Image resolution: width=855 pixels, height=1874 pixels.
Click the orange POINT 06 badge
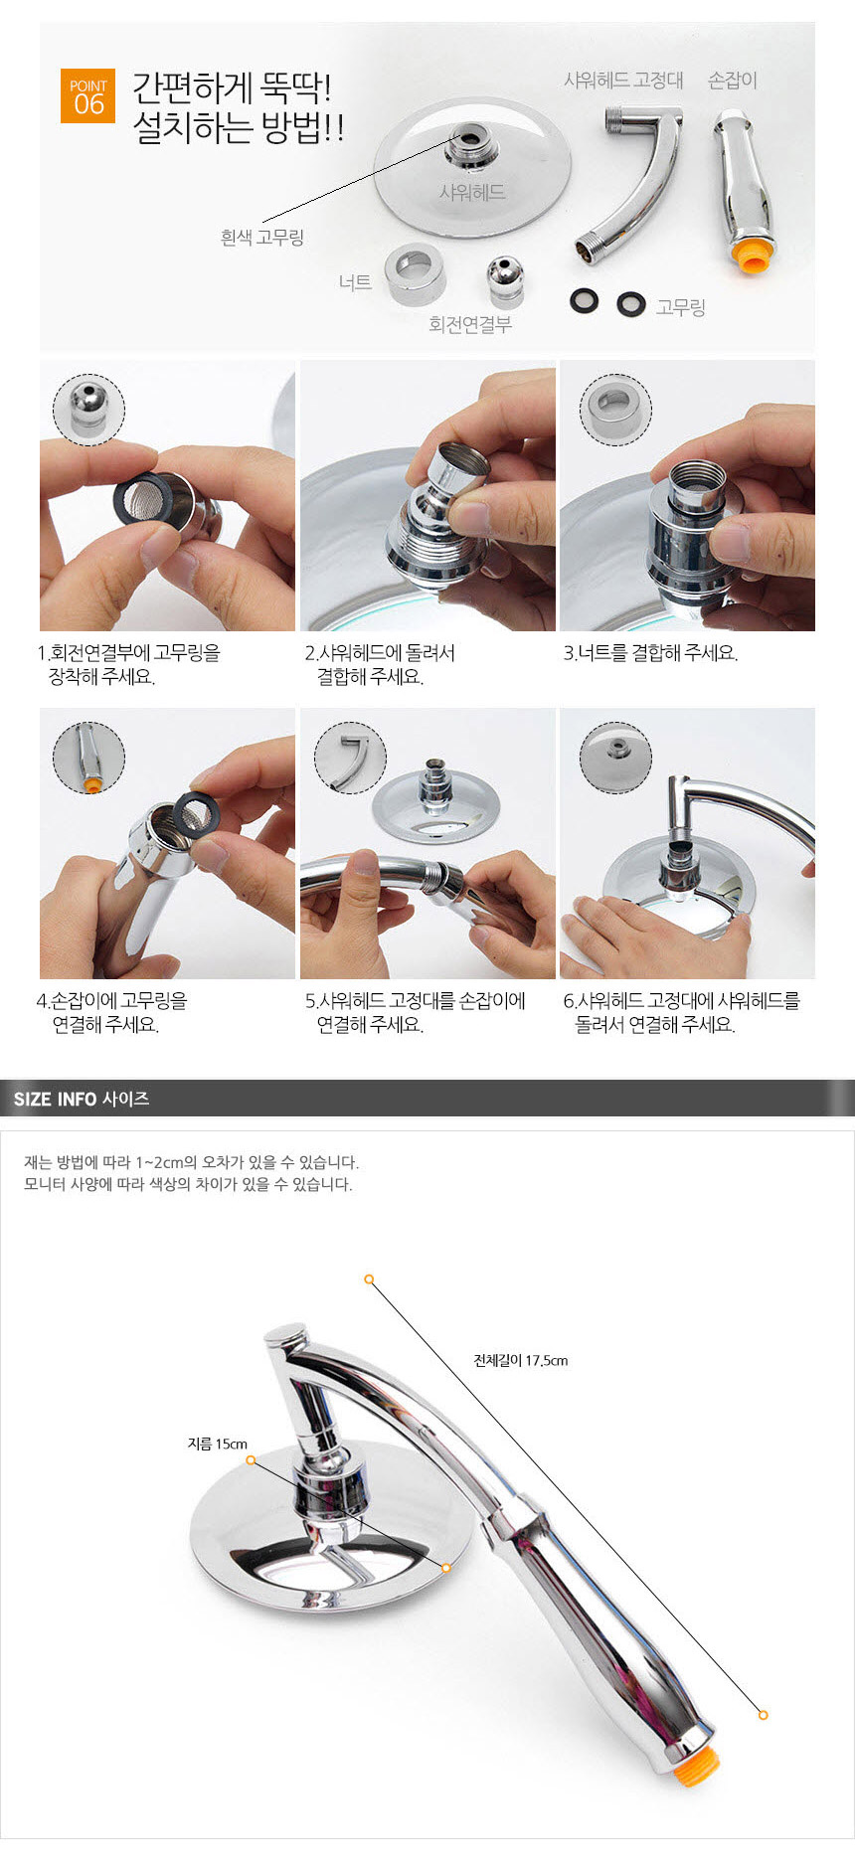(x=87, y=96)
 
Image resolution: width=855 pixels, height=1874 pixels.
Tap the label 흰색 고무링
(x=261, y=238)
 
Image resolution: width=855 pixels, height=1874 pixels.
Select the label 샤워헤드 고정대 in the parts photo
(x=623, y=80)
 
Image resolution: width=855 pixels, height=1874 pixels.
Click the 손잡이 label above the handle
(x=733, y=80)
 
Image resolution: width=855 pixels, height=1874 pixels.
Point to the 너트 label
(x=355, y=282)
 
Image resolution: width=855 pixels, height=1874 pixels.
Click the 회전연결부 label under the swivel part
(x=470, y=325)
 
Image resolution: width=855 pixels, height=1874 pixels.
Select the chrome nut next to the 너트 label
(x=415, y=273)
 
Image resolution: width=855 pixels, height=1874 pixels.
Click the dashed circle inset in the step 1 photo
(x=88, y=410)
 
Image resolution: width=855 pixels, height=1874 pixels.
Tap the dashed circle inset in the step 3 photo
(x=615, y=410)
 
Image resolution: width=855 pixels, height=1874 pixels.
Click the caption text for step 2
(x=379, y=665)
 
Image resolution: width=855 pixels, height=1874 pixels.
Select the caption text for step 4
(x=111, y=1013)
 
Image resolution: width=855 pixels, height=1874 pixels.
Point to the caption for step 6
(x=681, y=1013)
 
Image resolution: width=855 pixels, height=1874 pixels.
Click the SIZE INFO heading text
(x=82, y=1099)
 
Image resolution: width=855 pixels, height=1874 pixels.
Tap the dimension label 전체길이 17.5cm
(x=521, y=1360)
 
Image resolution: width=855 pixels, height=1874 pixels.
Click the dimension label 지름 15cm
(x=218, y=1444)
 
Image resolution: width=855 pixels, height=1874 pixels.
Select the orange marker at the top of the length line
(x=369, y=1279)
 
